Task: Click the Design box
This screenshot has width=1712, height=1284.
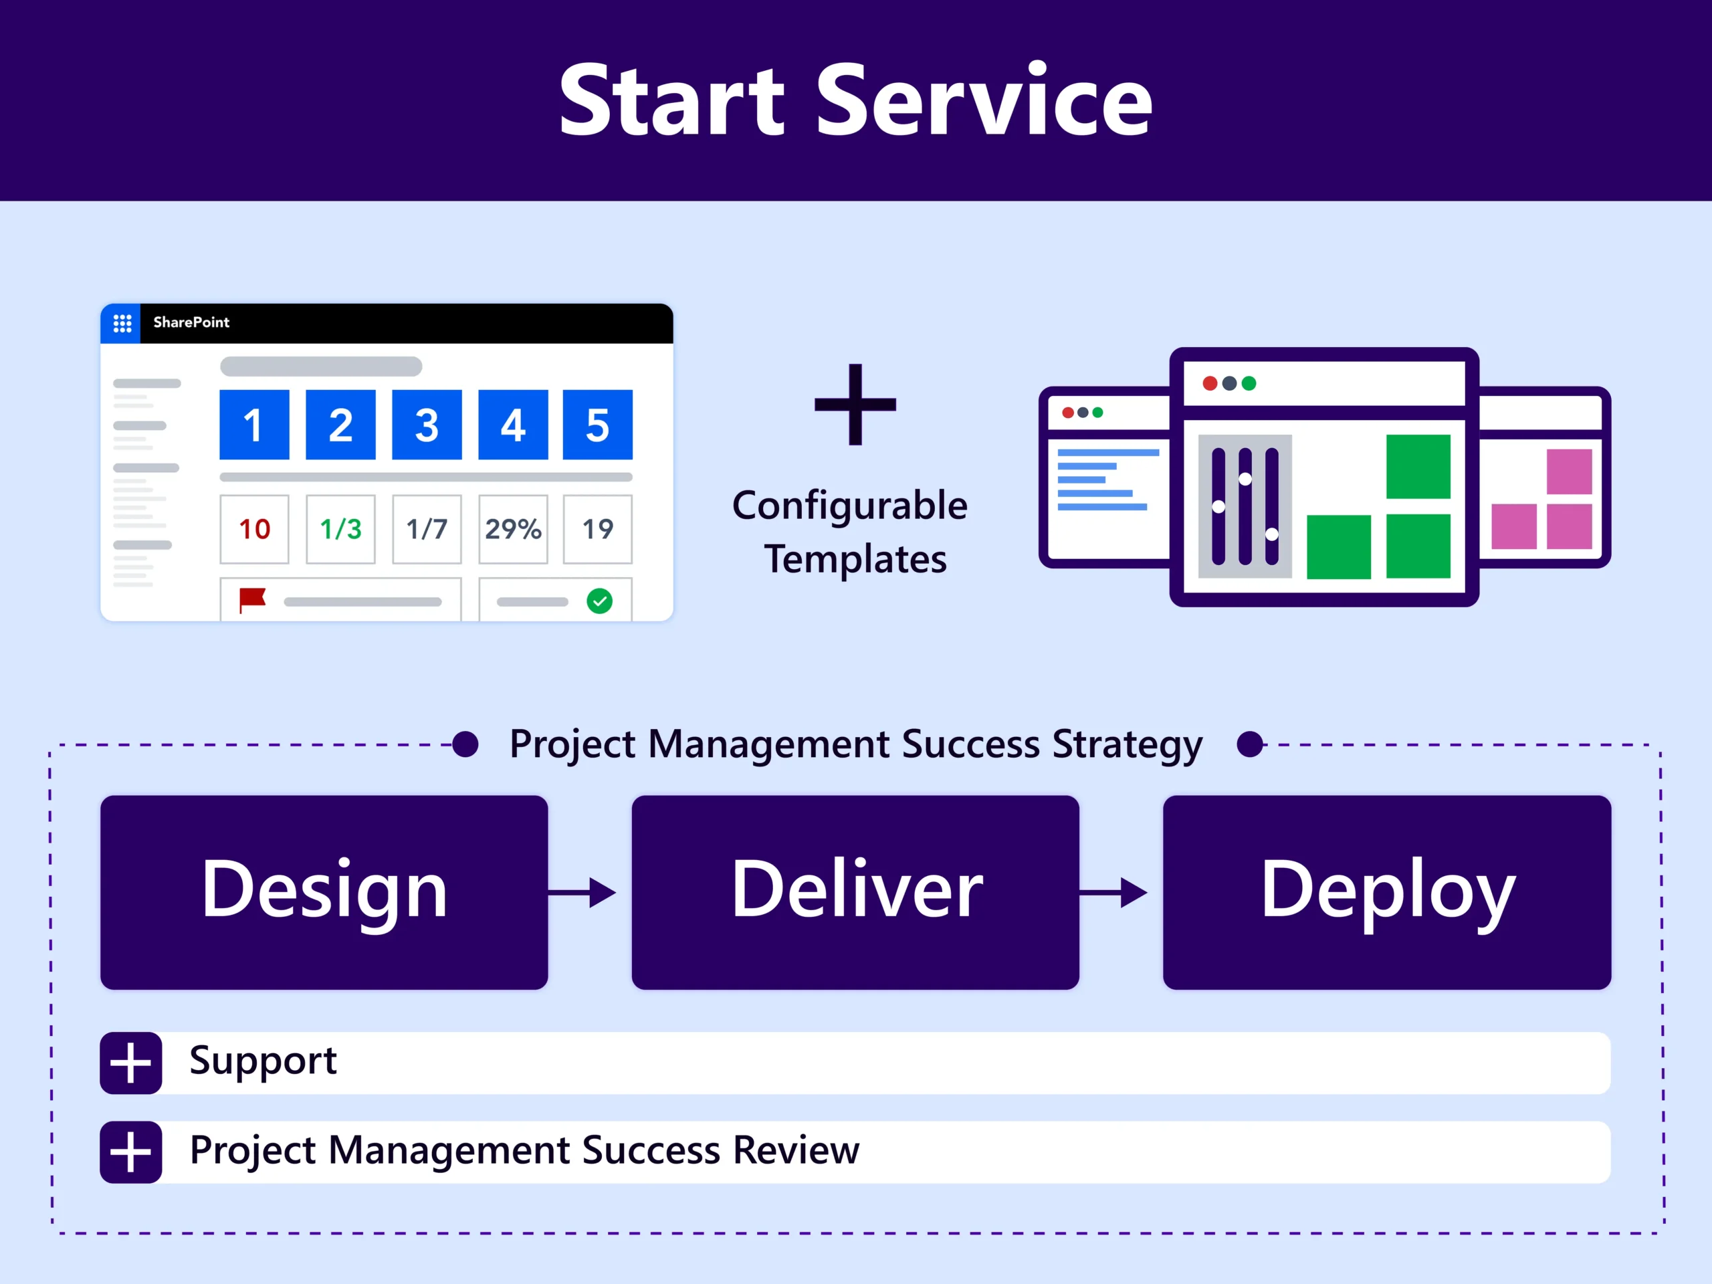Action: pyautogui.click(x=324, y=891)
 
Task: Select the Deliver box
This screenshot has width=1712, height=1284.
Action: pyautogui.click(x=855, y=891)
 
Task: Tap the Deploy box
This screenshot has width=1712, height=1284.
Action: pyautogui.click(x=1387, y=891)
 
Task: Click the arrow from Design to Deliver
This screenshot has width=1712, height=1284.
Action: pyautogui.click(x=582, y=892)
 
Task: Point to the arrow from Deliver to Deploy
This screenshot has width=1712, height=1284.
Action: pyautogui.click(x=1113, y=892)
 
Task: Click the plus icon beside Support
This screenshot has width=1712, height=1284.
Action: pyautogui.click(x=131, y=1063)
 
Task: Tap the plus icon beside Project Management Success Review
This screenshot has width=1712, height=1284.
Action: pyautogui.click(x=131, y=1152)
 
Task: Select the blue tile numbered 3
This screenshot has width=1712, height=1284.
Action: pyautogui.click(x=427, y=425)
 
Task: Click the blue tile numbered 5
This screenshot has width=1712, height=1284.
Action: pyautogui.click(x=597, y=425)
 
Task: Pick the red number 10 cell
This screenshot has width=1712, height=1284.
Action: pyautogui.click(x=255, y=530)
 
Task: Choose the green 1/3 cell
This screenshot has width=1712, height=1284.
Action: pyautogui.click(x=340, y=530)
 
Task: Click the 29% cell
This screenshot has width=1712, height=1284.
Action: pyautogui.click(x=513, y=530)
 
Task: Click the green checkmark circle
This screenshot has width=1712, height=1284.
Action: pyautogui.click(x=600, y=601)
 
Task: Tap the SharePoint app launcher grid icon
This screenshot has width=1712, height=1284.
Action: pyautogui.click(x=122, y=323)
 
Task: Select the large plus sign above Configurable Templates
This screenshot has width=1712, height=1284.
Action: pyautogui.click(x=855, y=404)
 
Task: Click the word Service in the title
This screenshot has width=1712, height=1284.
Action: pyautogui.click(x=984, y=100)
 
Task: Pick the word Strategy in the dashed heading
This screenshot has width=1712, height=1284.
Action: pyautogui.click(x=1127, y=744)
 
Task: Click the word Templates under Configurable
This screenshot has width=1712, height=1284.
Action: pyautogui.click(x=855, y=559)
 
